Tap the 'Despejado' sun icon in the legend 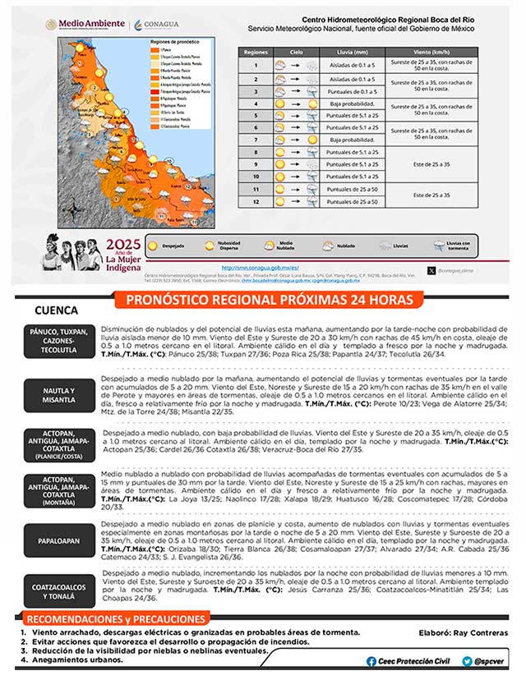point(154,244)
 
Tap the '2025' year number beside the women point(123,244)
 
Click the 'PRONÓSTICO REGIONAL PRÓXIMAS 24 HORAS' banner point(270,300)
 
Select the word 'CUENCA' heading point(57,310)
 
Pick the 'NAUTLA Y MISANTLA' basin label point(59,395)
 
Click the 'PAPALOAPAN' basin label point(59,541)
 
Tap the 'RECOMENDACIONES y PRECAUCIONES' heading point(115,618)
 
